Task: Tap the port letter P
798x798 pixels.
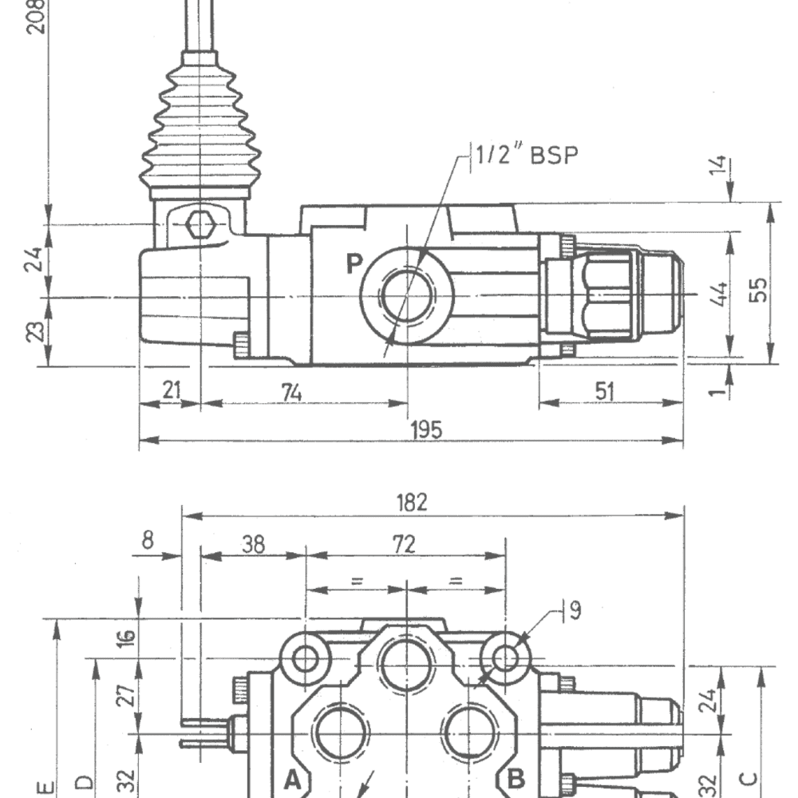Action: click(354, 263)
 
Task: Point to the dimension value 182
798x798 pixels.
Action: click(412, 502)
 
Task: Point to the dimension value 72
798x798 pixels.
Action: click(405, 544)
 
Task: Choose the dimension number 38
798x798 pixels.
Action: click(253, 544)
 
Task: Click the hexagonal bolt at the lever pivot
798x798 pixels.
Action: click(199, 227)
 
